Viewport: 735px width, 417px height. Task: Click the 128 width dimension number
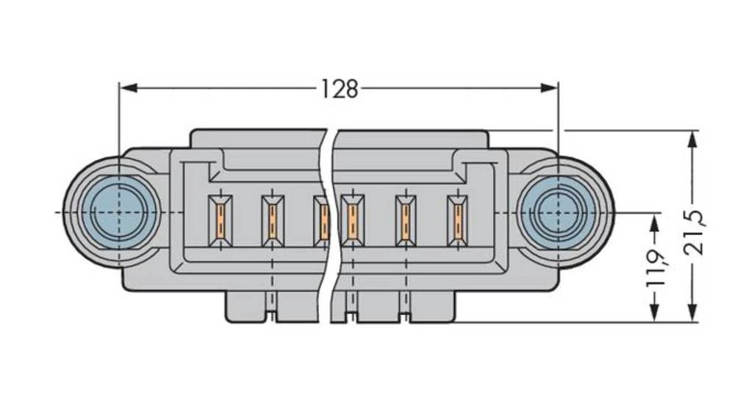pos(339,89)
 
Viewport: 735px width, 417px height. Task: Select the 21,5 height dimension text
pos(694,230)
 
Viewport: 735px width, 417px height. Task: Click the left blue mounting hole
pos(118,211)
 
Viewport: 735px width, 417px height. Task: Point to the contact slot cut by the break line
pos(322,220)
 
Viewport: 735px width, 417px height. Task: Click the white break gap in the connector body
pos(329,220)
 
